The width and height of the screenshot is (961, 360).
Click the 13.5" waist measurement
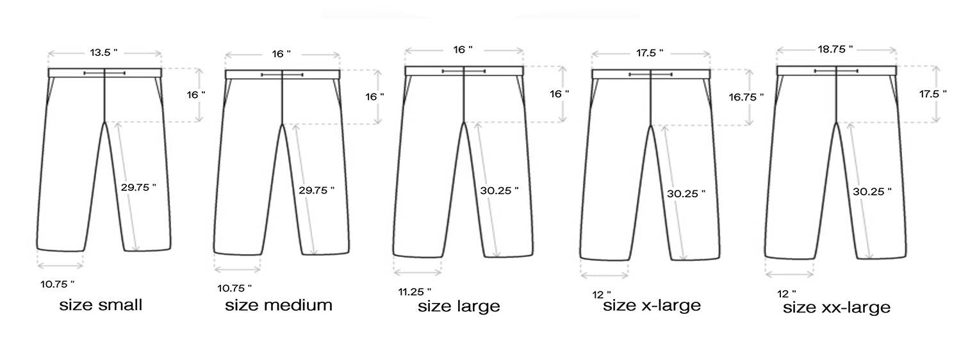pyautogui.click(x=103, y=53)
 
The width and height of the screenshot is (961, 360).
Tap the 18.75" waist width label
pyautogui.click(x=835, y=49)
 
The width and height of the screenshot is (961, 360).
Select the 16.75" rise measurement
pyautogui.click(x=746, y=97)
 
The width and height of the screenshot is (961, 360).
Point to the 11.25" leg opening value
pyautogui.click(x=415, y=292)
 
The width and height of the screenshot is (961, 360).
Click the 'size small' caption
pyautogui.click(x=101, y=305)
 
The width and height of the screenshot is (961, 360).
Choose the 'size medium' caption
pyautogui.click(x=279, y=306)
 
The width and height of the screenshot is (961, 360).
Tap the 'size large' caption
pyautogui.click(x=459, y=306)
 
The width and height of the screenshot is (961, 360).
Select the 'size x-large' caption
pyautogui.click(x=652, y=306)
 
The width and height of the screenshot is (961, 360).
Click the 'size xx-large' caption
pyautogui.click(x=837, y=307)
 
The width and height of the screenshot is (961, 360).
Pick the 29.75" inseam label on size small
pyautogui.click(x=138, y=188)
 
